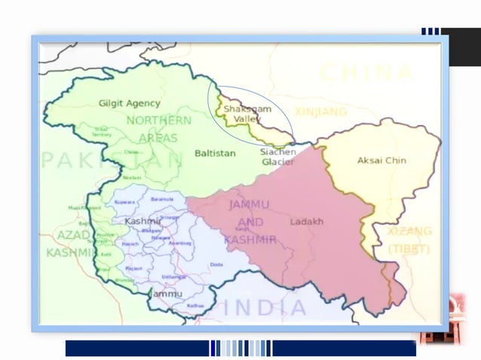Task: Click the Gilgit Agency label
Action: (x=130, y=102)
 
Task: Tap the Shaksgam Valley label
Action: (x=246, y=114)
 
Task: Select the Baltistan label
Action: (x=215, y=153)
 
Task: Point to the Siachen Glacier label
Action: (x=278, y=156)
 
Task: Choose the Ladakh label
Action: (x=307, y=221)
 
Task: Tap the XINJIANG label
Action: (x=321, y=111)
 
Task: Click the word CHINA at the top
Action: (x=368, y=73)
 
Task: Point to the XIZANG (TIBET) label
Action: (x=409, y=239)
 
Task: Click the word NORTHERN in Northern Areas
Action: (x=158, y=121)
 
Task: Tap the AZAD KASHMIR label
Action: (x=68, y=244)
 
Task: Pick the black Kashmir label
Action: (x=143, y=221)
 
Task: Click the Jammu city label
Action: (x=167, y=294)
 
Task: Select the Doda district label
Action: (x=216, y=264)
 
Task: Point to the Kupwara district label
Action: (x=124, y=203)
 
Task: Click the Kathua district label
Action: (x=196, y=305)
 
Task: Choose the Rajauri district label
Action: (x=134, y=267)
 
